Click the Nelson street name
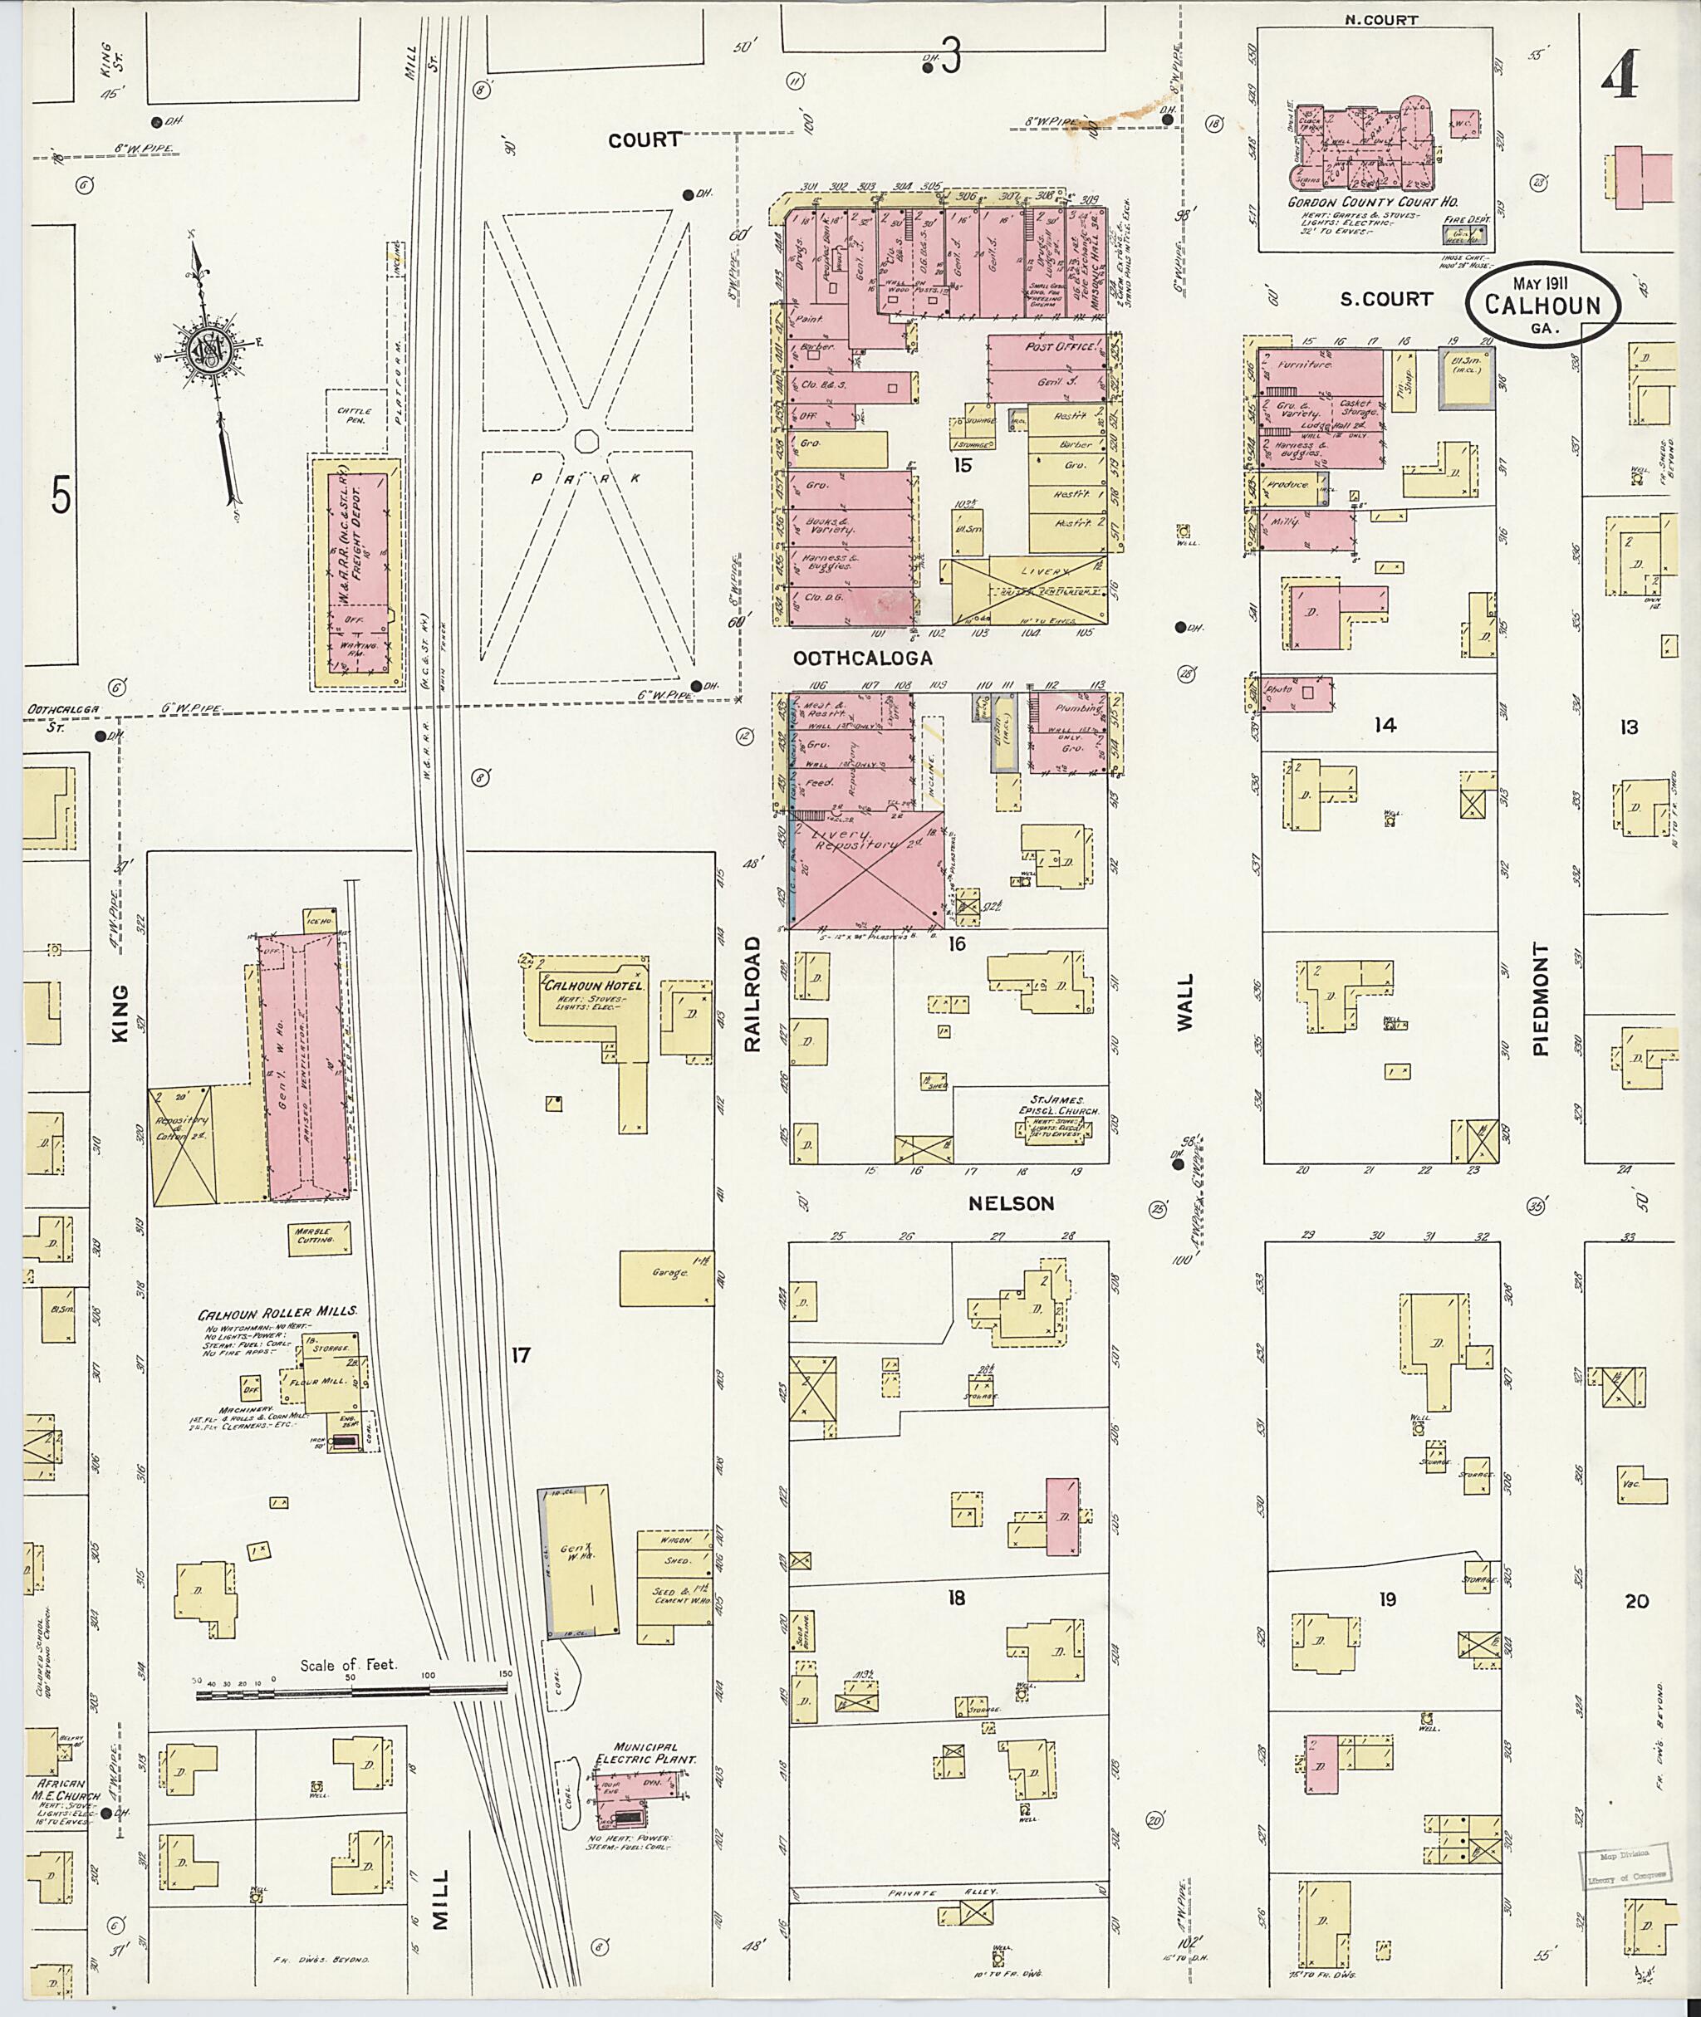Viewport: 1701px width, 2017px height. pyautogui.click(x=1012, y=1203)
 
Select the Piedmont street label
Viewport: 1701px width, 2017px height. pyautogui.click(x=1540, y=998)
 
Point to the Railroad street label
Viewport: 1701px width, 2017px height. pyautogui.click(x=752, y=992)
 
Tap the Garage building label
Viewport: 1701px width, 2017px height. pyautogui.click(x=669, y=1273)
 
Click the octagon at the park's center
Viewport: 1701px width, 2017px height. pyautogui.click(x=586, y=441)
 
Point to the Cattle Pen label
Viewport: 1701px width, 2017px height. pyautogui.click(x=349, y=415)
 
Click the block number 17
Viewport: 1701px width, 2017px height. pyautogui.click(x=521, y=1355)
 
